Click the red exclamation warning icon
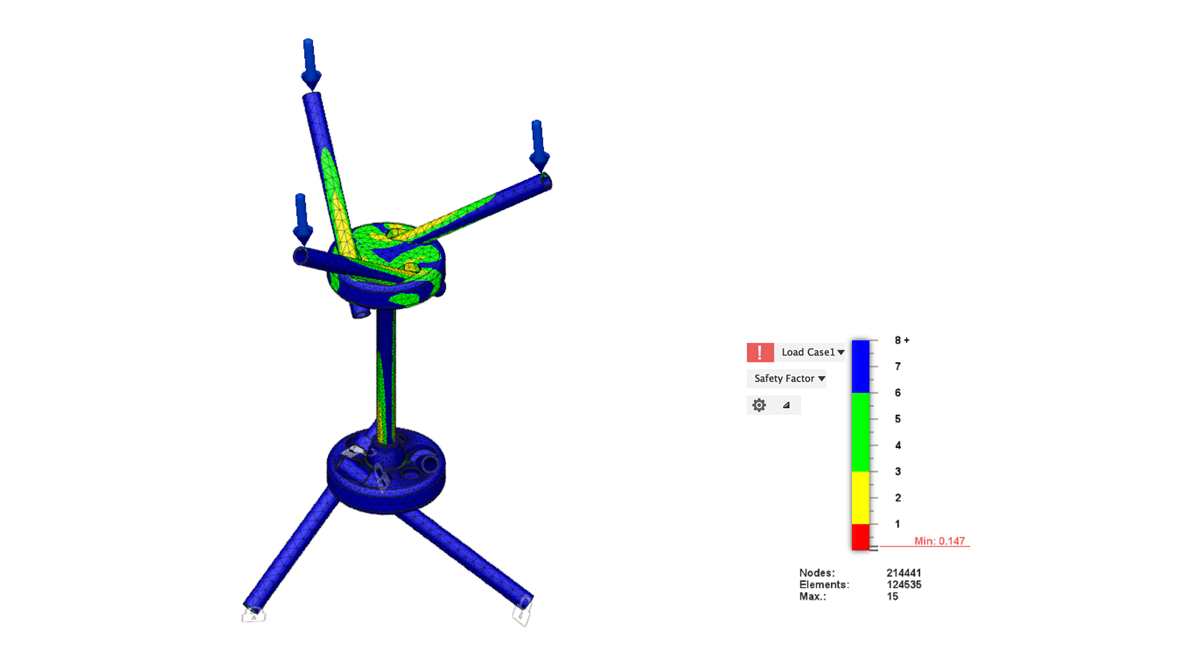click(x=760, y=352)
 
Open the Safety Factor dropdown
click(x=789, y=379)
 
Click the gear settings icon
click(x=759, y=405)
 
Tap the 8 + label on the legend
click(x=902, y=340)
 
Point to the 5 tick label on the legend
click(x=898, y=419)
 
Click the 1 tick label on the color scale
click(x=897, y=524)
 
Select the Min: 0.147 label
click(x=939, y=541)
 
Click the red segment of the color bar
click(x=860, y=537)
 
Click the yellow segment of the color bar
click(x=860, y=497)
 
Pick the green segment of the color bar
click(x=860, y=432)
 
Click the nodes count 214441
click(x=903, y=573)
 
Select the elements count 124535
click(x=903, y=585)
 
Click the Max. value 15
click(x=892, y=596)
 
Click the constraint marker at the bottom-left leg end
click(x=253, y=614)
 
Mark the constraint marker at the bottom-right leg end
click(x=522, y=612)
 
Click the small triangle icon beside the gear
click(x=786, y=405)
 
